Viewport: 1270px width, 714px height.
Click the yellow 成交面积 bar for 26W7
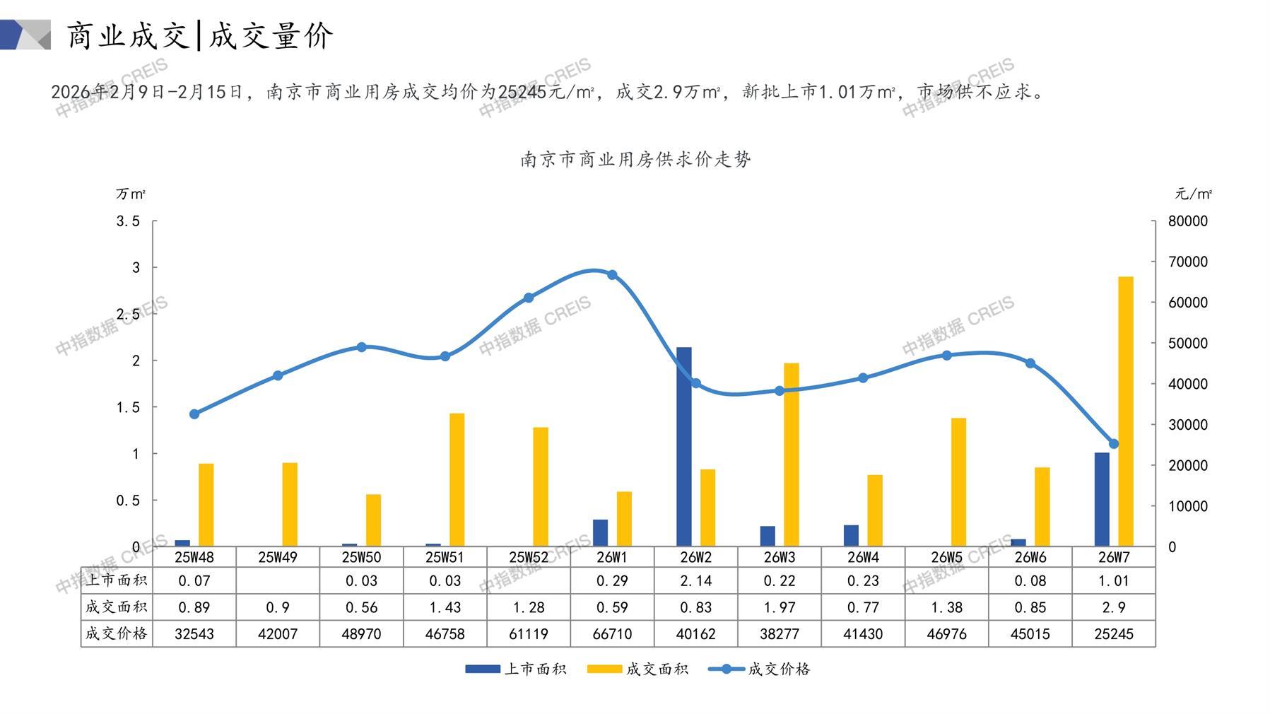(x=1125, y=411)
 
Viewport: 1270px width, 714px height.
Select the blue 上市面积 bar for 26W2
(x=683, y=446)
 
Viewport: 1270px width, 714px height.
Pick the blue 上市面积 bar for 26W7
(x=1102, y=499)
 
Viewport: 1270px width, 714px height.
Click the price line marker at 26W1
(x=612, y=275)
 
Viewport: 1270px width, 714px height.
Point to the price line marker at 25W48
(x=194, y=414)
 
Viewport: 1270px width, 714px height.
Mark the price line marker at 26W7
(x=1114, y=444)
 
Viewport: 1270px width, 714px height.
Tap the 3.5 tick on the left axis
(x=128, y=221)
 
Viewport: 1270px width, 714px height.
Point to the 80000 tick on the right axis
(x=1187, y=221)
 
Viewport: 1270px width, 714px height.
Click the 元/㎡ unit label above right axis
(x=1193, y=194)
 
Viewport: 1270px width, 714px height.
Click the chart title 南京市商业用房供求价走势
(x=635, y=160)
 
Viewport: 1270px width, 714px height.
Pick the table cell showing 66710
(x=612, y=634)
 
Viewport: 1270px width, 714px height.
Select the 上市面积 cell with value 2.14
(x=695, y=581)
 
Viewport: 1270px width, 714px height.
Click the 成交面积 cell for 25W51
(x=445, y=607)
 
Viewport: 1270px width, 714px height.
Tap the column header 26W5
(x=946, y=557)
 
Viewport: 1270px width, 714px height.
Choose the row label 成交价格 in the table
(x=117, y=633)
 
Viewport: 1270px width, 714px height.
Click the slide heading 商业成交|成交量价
(x=200, y=35)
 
